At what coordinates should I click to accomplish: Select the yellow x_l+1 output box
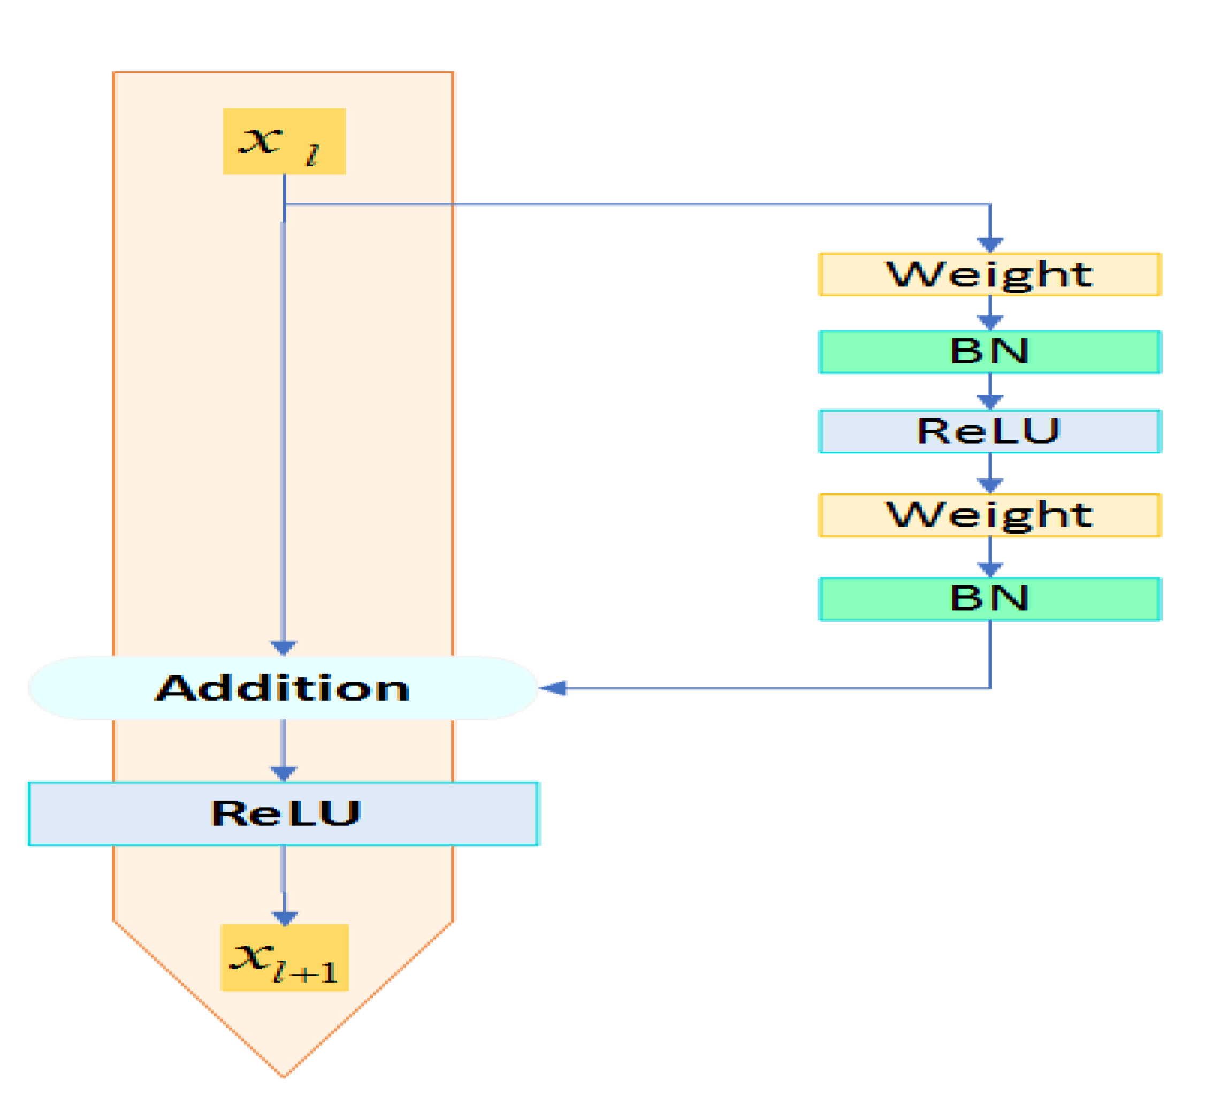coord(285,957)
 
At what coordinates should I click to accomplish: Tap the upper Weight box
coord(989,274)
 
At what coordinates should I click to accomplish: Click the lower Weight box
coord(989,515)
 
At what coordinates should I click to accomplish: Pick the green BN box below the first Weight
coord(989,352)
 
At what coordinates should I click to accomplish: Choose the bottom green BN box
coord(989,598)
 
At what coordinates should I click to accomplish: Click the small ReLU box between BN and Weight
coord(989,431)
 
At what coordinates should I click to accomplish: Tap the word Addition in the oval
coord(283,688)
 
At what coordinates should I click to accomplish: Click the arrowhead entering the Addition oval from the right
coord(552,688)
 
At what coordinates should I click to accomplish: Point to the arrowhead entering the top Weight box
coord(989,245)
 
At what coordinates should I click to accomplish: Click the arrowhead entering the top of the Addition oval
coord(283,648)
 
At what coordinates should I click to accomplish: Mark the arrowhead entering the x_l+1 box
coord(285,918)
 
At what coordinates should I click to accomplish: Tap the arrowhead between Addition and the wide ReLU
coord(283,773)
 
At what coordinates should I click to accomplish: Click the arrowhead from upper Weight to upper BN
coord(989,323)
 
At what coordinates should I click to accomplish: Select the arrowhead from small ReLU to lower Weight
coord(989,485)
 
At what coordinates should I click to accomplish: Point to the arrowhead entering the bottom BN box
coord(989,569)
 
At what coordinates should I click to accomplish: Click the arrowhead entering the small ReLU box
coord(989,402)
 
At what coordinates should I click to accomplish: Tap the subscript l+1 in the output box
coord(306,972)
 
